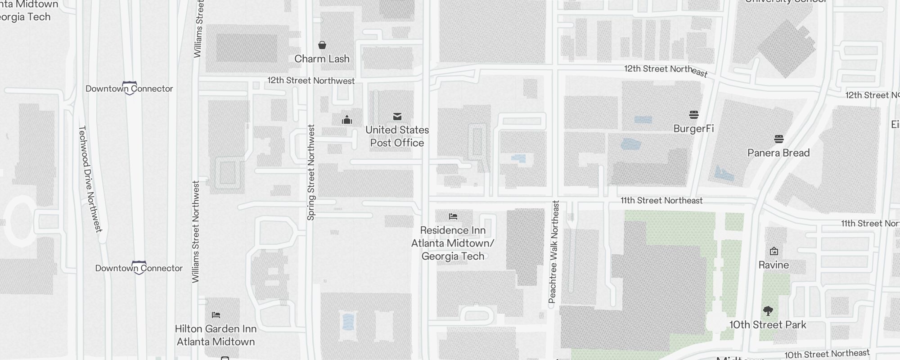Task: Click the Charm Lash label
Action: tap(322, 59)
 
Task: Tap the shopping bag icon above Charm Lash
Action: tap(322, 45)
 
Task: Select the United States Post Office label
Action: tap(397, 136)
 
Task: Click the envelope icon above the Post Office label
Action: tap(397, 117)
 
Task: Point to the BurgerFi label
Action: tap(693, 129)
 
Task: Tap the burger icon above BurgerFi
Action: tap(694, 115)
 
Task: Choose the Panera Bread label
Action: tap(778, 153)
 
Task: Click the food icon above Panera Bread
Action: tap(779, 139)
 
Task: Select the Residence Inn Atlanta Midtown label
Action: tap(453, 243)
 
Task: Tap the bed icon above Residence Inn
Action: tap(453, 216)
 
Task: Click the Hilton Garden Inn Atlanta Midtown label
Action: tap(216, 335)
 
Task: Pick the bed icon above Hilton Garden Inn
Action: tap(216, 315)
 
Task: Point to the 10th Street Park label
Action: tap(768, 325)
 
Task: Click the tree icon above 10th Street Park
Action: tap(768, 310)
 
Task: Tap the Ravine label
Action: tap(774, 265)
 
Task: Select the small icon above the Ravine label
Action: tap(774, 251)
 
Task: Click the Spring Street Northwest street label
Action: tap(311, 172)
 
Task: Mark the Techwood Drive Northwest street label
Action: tap(90, 179)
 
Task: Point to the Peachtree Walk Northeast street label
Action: tap(553, 252)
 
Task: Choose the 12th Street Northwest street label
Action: tap(311, 81)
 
